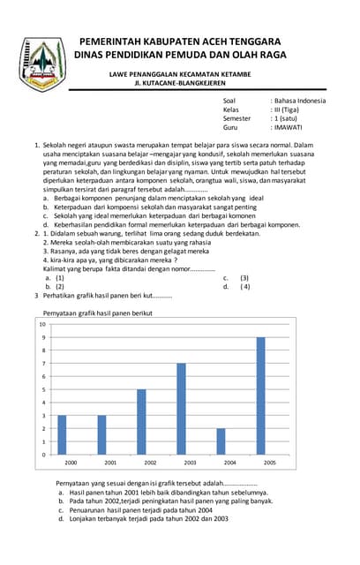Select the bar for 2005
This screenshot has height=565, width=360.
[x=260, y=395]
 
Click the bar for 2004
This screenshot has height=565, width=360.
[x=221, y=441]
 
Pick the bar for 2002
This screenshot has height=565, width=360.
[x=141, y=422]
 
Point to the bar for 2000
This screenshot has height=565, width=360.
[x=61, y=434]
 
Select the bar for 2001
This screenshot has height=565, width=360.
[x=101, y=434]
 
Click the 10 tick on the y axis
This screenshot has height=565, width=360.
[x=42, y=324]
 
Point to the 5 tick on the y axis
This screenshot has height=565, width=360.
[x=43, y=389]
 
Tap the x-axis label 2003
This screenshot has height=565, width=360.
[x=190, y=463]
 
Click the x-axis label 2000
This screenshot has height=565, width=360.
[x=71, y=463]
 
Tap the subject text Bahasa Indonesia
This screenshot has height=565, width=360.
[x=301, y=101]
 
